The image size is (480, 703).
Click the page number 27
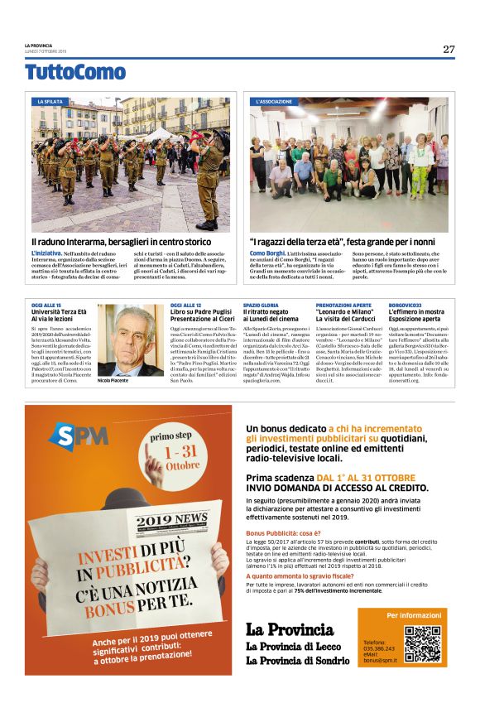(449, 49)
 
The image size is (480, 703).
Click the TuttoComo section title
(75, 72)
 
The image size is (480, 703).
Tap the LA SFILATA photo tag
(50, 101)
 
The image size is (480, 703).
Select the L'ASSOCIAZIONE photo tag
(274, 101)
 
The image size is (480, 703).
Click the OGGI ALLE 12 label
(186, 306)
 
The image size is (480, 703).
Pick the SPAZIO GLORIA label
(261, 306)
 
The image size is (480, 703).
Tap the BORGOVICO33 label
(405, 306)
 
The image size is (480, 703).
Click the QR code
(421, 643)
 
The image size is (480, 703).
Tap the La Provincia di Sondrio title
(297, 660)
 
